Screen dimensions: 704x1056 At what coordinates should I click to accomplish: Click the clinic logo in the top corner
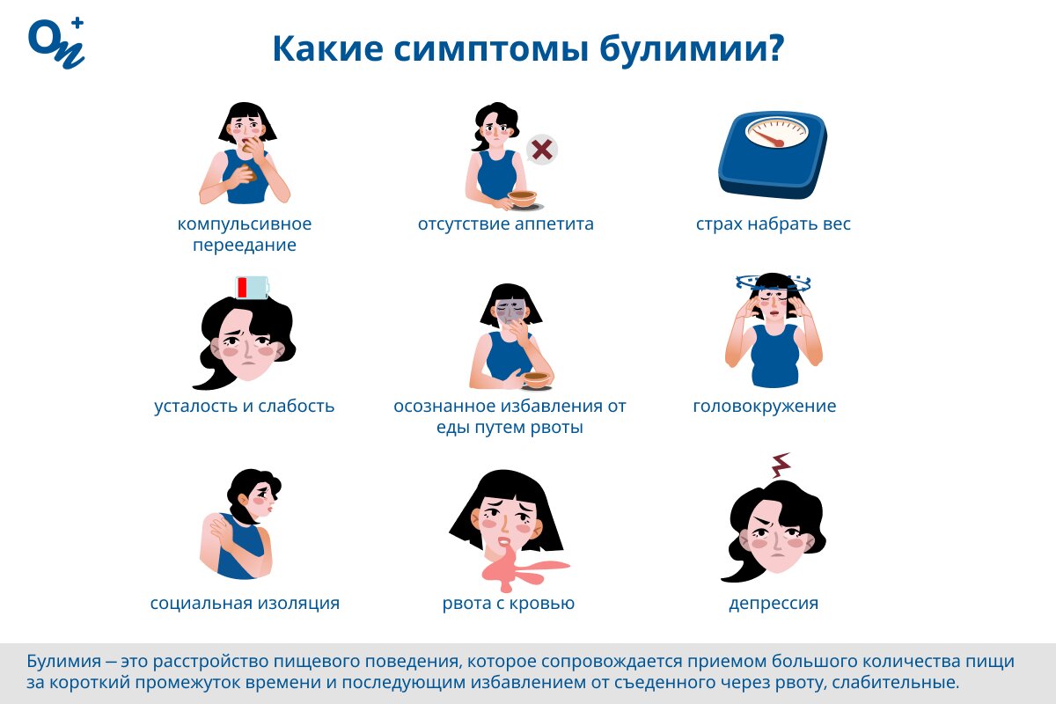(56, 42)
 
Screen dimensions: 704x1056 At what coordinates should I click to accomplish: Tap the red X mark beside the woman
(542, 150)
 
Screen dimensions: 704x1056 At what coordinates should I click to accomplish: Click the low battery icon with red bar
(252, 288)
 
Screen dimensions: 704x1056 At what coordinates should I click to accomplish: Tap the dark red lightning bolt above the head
(780, 464)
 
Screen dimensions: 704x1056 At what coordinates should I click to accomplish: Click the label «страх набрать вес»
(774, 224)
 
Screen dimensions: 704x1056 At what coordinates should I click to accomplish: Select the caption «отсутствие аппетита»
(506, 224)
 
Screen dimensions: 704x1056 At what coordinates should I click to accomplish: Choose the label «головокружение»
(765, 407)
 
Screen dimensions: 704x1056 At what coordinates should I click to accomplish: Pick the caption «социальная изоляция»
(245, 604)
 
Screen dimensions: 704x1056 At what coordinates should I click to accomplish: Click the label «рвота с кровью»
(509, 604)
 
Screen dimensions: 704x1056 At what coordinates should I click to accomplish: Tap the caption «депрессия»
(774, 604)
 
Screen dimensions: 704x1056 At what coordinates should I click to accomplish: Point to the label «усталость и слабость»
(245, 407)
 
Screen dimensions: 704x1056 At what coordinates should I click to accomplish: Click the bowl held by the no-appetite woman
(522, 198)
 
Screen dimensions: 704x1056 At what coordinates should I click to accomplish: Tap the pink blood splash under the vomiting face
(515, 568)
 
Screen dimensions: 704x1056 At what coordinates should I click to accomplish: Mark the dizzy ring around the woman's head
(773, 283)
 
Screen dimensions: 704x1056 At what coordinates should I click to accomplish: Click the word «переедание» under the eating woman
(245, 246)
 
